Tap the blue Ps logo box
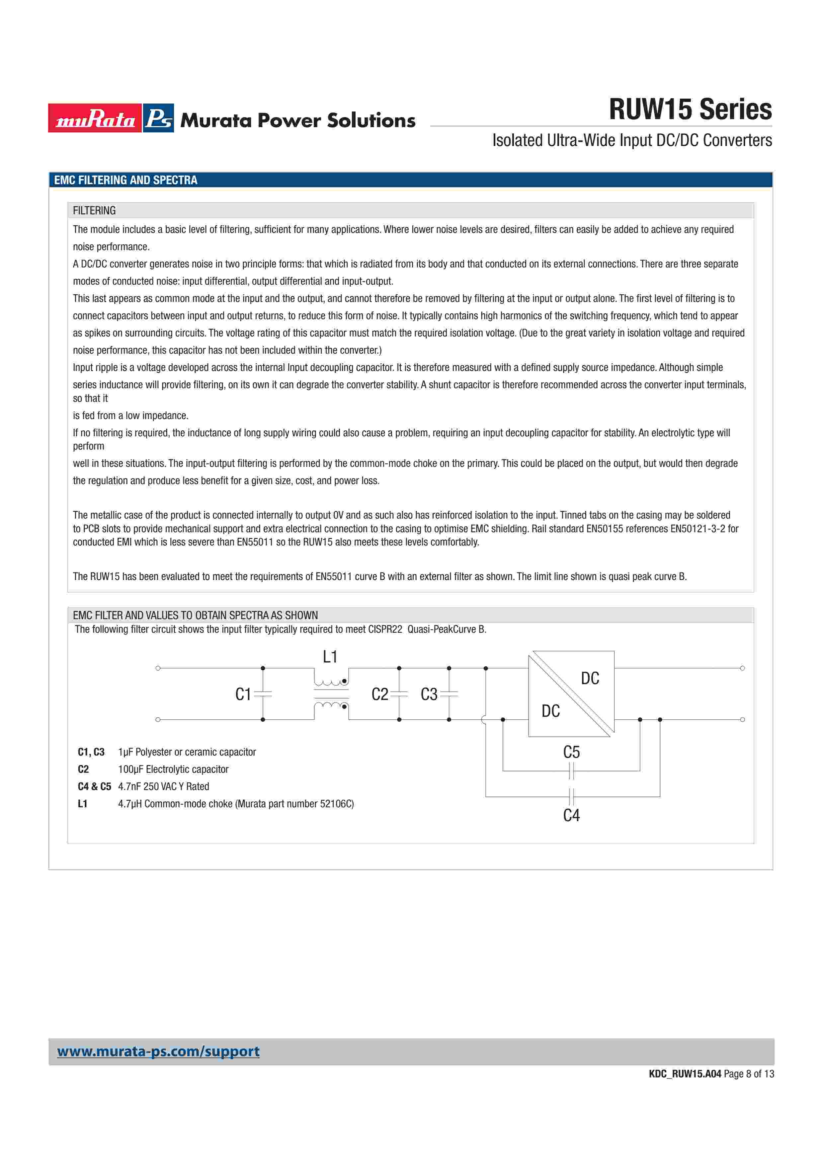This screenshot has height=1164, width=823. [x=158, y=118]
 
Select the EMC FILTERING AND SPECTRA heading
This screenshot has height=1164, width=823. [x=126, y=180]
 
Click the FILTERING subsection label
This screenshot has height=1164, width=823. [x=94, y=210]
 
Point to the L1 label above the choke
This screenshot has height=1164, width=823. [x=330, y=657]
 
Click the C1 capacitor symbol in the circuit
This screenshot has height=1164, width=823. [x=263, y=694]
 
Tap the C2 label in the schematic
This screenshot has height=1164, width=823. [x=380, y=694]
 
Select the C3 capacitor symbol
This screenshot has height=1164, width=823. [x=449, y=694]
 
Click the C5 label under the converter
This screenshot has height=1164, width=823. [x=571, y=752]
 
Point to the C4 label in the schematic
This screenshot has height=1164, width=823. [x=571, y=815]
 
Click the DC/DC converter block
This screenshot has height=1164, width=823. [x=571, y=694]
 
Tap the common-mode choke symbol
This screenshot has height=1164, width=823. [x=331, y=694]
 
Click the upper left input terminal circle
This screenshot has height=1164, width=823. [x=158, y=668]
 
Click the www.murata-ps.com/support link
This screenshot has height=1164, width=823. [x=158, y=1052]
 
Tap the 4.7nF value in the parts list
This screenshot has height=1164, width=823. [x=129, y=786]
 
